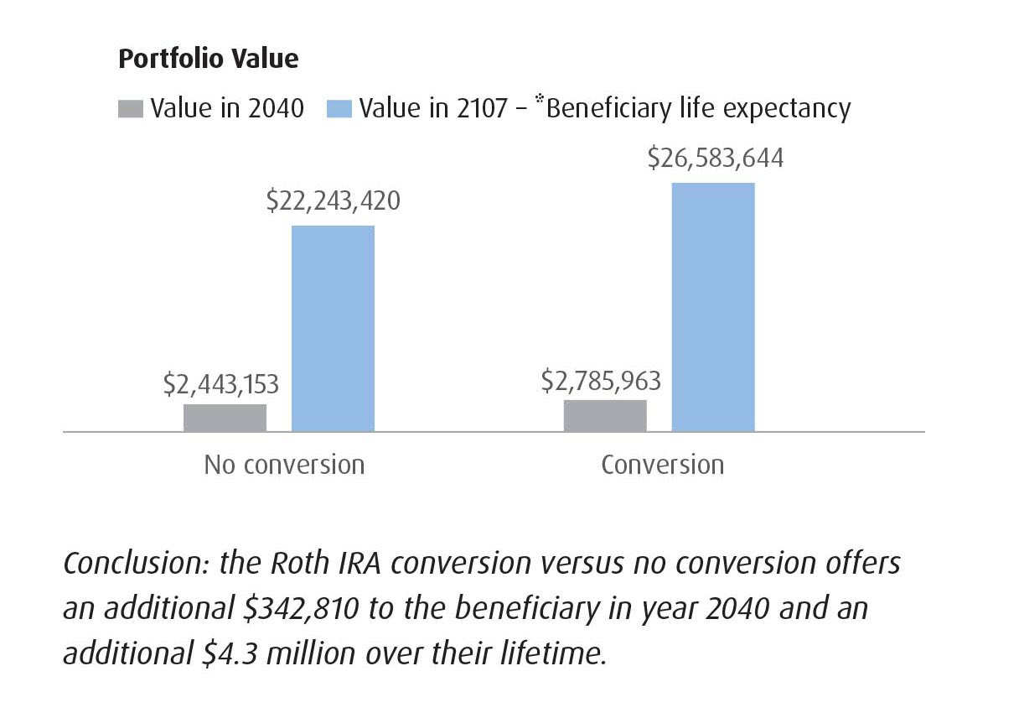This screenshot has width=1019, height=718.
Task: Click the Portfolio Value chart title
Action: point(208,59)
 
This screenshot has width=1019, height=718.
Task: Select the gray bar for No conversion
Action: point(225,418)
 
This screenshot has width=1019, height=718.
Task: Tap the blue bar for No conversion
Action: point(333,328)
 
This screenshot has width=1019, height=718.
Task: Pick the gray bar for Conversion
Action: point(605,415)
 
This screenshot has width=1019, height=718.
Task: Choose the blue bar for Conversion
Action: point(713,307)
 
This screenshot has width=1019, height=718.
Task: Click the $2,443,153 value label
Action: point(221,384)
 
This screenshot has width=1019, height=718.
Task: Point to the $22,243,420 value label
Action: point(333,201)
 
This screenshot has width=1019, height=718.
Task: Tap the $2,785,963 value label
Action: point(601,381)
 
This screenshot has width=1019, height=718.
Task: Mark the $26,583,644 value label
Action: point(715,159)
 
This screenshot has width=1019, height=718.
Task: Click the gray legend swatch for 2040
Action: point(131,109)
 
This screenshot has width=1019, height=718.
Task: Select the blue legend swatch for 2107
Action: point(339,109)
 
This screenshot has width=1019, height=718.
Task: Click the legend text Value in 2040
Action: point(227,109)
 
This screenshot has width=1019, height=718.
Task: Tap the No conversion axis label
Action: point(284,465)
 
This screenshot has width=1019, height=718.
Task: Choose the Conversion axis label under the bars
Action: point(662,465)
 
